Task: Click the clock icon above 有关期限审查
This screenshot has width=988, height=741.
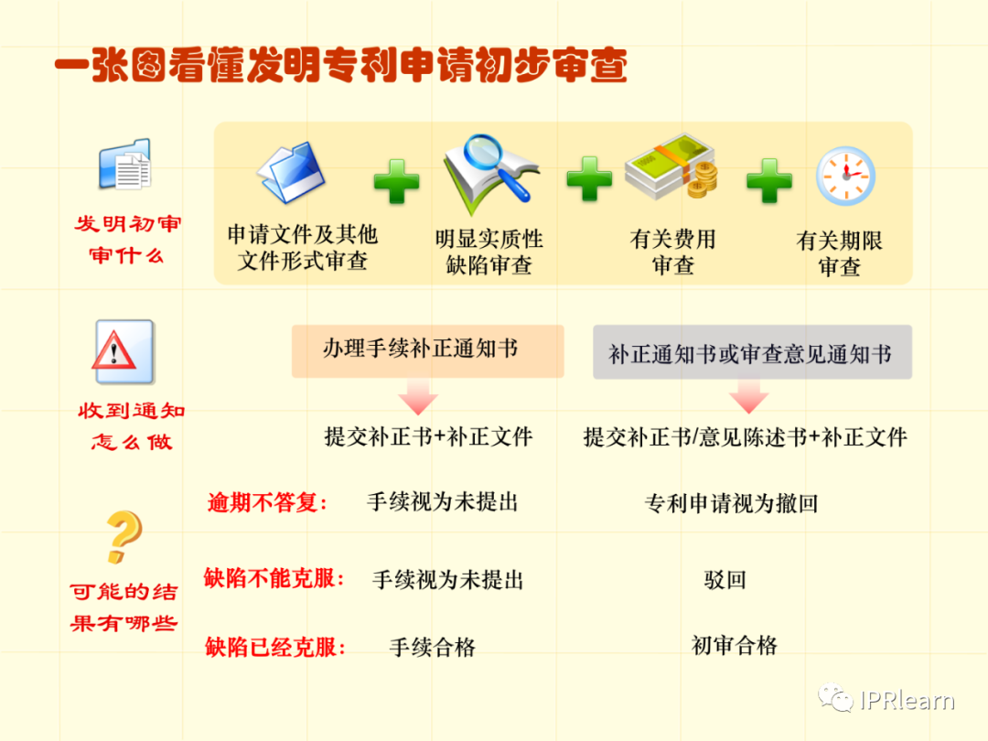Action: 844,177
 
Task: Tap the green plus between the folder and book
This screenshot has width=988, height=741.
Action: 396,181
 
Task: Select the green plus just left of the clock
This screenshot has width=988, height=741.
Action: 768,181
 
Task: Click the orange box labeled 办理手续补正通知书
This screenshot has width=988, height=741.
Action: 427,349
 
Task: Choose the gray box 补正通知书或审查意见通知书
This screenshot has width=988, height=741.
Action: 752,352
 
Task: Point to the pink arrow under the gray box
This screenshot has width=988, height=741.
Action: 748,398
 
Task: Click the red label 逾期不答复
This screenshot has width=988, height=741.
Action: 267,502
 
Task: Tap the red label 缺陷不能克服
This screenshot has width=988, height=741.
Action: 274,578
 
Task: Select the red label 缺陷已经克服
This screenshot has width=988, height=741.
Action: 275,648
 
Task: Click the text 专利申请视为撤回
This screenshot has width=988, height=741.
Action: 730,503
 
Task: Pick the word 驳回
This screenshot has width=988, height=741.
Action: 725,579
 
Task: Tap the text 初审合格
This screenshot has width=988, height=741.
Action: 734,646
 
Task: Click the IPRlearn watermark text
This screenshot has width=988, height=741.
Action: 907,701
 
